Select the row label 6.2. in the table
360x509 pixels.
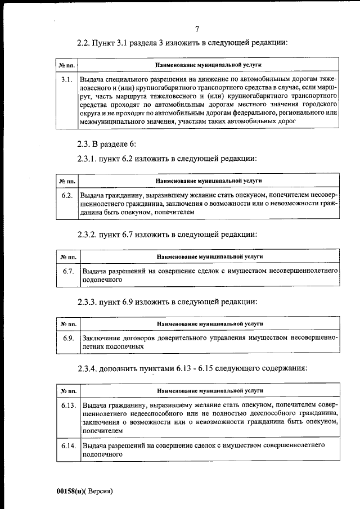pyautogui.click(x=67, y=195)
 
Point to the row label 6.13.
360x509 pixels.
pyautogui.click(x=69, y=405)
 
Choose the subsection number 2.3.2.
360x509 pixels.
pyautogui.click(x=88, y=234)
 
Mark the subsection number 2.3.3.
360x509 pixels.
pyautogui.click(x=88, y=301)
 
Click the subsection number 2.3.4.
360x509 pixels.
pyautogui.click(x=88, y=368)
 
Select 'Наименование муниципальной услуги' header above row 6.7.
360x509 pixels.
pyautogui.click(x=209, y=256)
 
